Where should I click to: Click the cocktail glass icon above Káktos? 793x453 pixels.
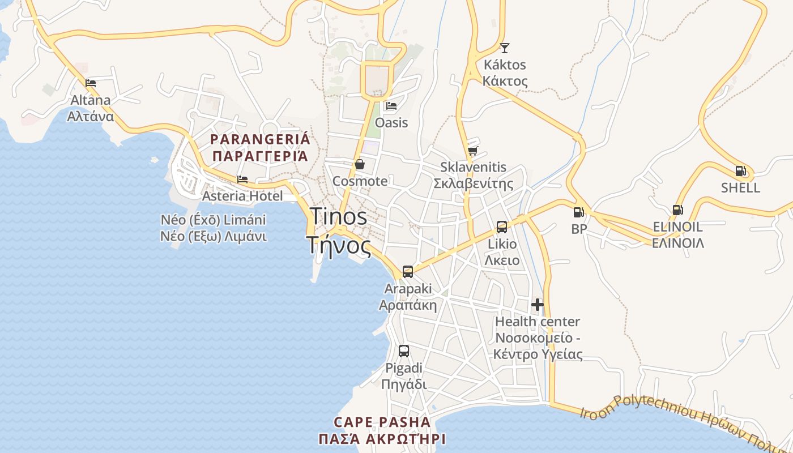point(504,48)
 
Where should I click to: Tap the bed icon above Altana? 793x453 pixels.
point(91,83)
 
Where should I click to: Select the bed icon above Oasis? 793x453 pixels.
point(391,106)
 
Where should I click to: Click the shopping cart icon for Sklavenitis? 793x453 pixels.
point(473,151)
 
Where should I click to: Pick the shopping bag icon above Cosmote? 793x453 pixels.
point(359,164)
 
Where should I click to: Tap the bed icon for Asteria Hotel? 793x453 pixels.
point(242,180)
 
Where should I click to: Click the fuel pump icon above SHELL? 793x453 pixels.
point(740,170)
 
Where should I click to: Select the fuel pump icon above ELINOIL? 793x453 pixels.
point(677,210)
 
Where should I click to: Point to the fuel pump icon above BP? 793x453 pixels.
point(578,212)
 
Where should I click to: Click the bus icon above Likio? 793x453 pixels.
point(501,227)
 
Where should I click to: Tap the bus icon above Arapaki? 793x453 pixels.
point(407,272)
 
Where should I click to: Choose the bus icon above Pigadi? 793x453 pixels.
point(403,351)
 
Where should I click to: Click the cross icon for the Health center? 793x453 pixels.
point(537,305)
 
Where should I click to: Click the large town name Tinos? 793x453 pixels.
point(339,216)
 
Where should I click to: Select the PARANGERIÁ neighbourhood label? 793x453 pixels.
point(260,139)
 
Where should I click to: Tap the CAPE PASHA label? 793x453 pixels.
point(382,422)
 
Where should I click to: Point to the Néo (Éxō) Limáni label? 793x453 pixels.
point(214,220)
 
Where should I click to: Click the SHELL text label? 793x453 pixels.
point(740,188)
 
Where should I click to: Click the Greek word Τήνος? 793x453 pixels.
point(339,246)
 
